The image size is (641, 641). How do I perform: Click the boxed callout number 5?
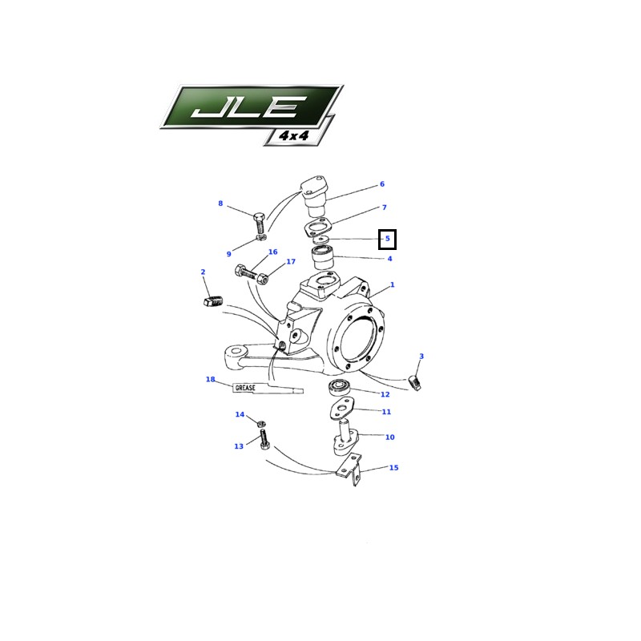(x=388, y=239)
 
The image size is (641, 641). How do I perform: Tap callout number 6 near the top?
(x=382, y=184)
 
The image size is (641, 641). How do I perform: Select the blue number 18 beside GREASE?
(x=210, y=379)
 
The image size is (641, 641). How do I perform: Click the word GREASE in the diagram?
(x=245, y=388)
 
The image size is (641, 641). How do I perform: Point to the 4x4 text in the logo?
(x=294, y=135)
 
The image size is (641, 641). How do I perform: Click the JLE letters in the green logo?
(x=248, y=107)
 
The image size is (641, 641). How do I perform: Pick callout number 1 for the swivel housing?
(x=393, y=284)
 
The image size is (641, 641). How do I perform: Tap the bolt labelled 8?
(x=259, y=223)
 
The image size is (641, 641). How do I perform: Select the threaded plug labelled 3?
(x=415, y=383)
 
